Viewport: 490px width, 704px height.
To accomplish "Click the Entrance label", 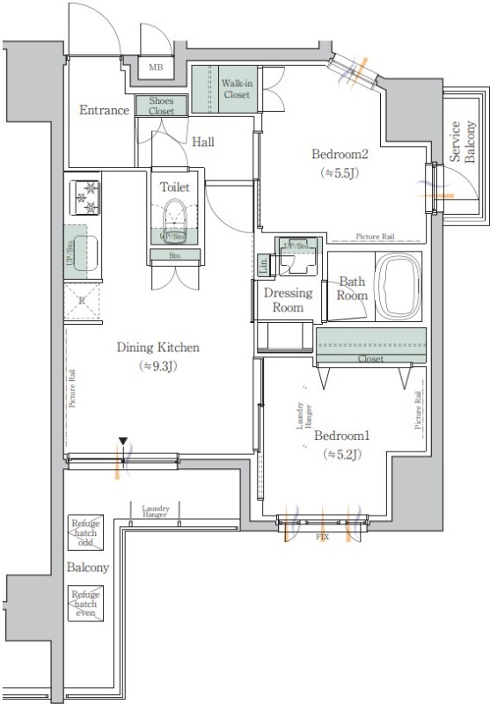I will pos(105,110).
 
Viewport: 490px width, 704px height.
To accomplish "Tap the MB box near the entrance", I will pos(155,67).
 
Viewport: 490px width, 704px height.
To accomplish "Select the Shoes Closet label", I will pos(162,106).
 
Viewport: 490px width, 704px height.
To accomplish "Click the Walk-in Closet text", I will pos(237,87).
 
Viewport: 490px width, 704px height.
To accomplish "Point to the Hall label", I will pos(203,141).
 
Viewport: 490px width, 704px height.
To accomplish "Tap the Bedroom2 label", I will pos(339,154).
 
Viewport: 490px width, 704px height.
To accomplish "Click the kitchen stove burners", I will pos(86,195).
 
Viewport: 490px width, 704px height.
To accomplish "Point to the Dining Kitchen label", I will pos(158,348).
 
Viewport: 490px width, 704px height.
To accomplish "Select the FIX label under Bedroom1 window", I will pos(321,534).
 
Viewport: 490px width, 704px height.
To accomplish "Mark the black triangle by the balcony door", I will pos(124,442).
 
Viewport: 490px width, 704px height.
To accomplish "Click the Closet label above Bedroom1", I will pos(370,359).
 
